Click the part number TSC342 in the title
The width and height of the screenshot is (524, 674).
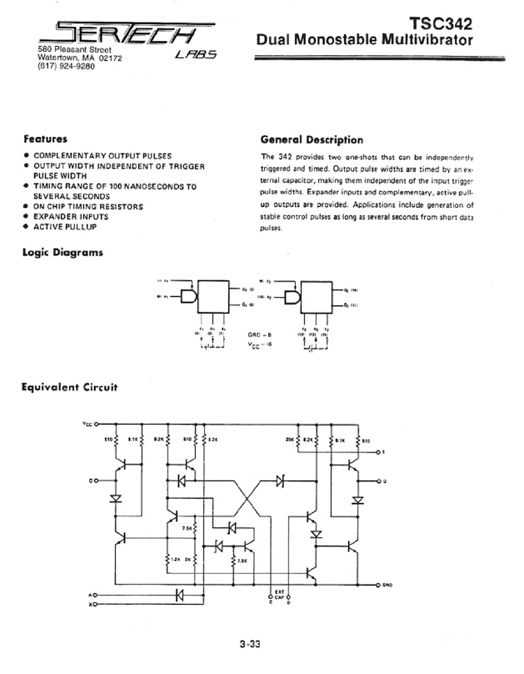441,24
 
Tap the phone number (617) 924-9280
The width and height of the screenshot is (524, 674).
66,66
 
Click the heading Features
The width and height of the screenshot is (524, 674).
45,139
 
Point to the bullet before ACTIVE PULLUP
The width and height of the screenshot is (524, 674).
26,226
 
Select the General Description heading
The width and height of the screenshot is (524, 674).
312,140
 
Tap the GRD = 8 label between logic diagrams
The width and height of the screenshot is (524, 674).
260,335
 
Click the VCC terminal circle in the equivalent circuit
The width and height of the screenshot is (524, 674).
96,424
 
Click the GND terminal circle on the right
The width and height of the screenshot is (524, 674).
378,585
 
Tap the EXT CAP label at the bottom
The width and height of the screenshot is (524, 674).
280,595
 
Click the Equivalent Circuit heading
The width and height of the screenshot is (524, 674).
69,387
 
